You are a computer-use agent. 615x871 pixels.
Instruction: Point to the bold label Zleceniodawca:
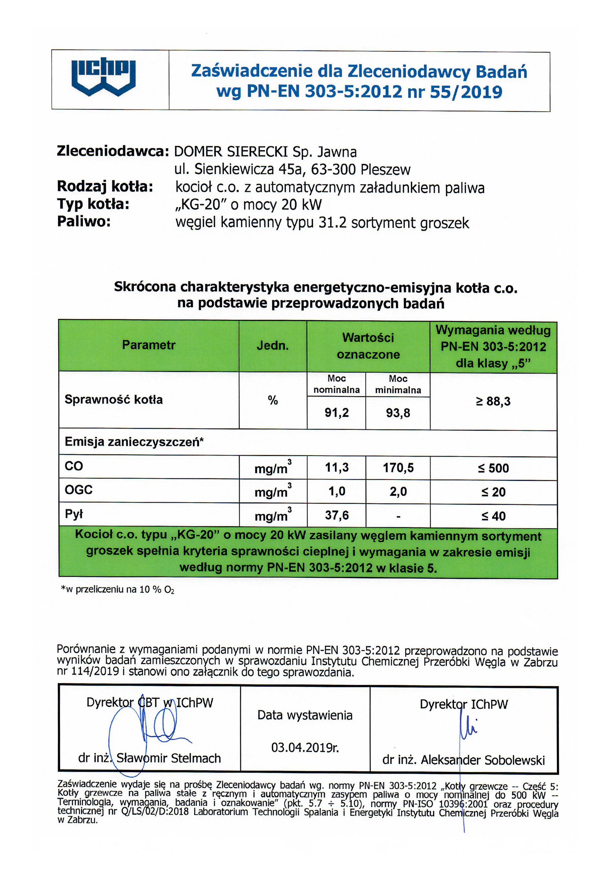pyautogui.click(x=112, y=151)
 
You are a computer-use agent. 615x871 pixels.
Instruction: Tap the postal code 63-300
pyautogui.click(x=334, y=169)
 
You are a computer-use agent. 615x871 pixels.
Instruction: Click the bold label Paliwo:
pyautogui.click(x=84, y=222)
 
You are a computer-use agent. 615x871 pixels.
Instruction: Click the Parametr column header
pyautogui.click(x=149, y=345)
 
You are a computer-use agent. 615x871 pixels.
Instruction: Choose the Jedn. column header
pyautogui.click(x=272, y=345)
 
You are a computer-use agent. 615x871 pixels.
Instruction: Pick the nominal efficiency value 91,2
pyautogui.click(x=336, y=413)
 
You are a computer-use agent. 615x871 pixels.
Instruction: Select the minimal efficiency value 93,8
pyautogui.click(x=398, y=413)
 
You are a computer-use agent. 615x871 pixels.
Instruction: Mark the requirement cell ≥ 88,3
pyautogui.click(x=493, y=401)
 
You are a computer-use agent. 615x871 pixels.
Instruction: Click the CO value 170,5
pyautogui.click(x=398, y=468)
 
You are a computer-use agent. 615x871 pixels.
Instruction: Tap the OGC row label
pyautogui.click(x=78, y=490)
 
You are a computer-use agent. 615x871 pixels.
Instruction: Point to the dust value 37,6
pyautogui.click(x=337, y=515)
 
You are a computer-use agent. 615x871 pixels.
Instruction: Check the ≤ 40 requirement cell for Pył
pyautogui.click(x=493, y=516)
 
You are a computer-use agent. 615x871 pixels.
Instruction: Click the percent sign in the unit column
pyautogui.click(x=272, y=400)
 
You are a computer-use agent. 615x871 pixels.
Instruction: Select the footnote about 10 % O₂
pyautogui.click(x=118, y=590)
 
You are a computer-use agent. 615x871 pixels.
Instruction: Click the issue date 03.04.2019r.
pyautogui.click(x=305, y=748)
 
